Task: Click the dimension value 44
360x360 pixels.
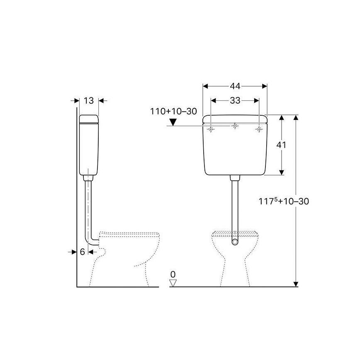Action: coord(235,86)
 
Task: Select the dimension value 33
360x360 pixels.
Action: coord(235,100)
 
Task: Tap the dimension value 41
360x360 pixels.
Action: coord(282,145)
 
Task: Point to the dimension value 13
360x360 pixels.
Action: coord(88,100)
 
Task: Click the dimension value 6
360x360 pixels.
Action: coord(82,252)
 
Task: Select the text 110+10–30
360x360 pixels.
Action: coord(173,111)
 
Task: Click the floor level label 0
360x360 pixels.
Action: coord(173,274)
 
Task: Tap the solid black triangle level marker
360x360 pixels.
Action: coord(173,122)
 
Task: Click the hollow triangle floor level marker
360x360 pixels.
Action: coord(173,283)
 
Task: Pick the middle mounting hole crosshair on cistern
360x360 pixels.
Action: coord(235,126)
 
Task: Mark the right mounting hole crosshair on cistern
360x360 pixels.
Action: coord(259,129)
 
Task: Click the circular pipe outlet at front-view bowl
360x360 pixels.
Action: coord(235,241)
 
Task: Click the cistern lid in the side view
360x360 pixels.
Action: coord(88,119)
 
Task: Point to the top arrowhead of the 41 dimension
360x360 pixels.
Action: coord(282,118)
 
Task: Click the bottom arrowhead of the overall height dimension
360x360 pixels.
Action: coord(296,284)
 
